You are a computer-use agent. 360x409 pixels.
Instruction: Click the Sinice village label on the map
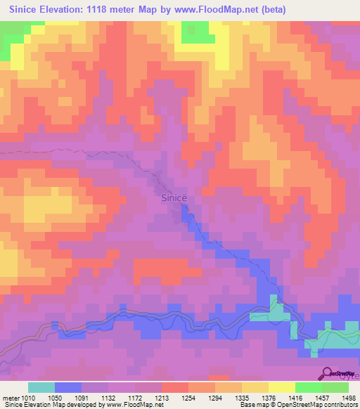(x=174, y=198)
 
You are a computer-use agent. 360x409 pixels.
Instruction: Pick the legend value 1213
(x=162, y=397)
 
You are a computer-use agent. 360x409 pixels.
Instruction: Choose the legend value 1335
(x=242, y=397)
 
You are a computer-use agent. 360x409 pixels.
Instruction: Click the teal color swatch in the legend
(x=41, y=387)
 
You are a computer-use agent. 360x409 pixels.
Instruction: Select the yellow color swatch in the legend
(x=282, y=387)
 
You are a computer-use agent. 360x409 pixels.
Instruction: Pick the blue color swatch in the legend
(x=68, y=387)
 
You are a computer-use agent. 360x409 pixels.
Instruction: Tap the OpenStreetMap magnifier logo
(x=327, y=374)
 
